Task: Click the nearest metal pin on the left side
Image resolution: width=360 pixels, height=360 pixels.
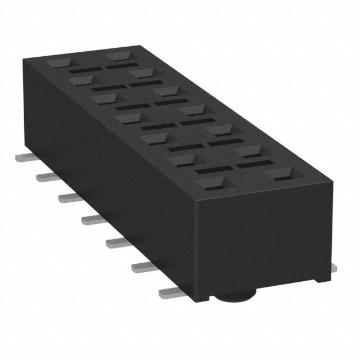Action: point(172,292)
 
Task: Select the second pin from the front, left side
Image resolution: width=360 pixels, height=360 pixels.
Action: point(145,268)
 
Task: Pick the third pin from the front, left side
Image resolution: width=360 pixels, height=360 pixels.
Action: point(119,242)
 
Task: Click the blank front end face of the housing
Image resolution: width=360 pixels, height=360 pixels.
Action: point(273,236)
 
